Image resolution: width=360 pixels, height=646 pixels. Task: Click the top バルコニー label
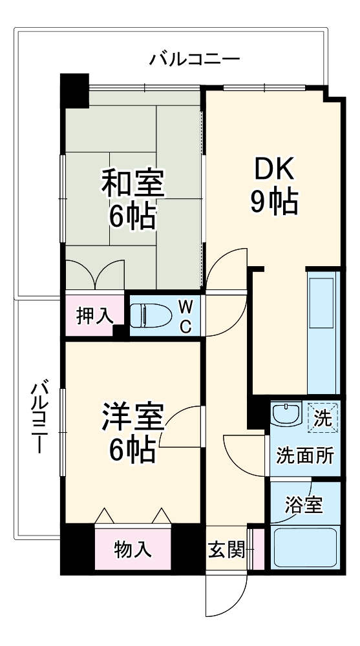tap(195, 60)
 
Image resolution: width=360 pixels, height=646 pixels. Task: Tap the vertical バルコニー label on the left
tap(39, 417)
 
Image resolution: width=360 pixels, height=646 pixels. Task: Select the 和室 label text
tap(132, 184)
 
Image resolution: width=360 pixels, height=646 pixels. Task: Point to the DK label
tap(273, 171)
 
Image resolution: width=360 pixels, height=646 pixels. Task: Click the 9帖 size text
tap(273, 203)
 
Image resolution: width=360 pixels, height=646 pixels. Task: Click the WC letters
tap(185, 316)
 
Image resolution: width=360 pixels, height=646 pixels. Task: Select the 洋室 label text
tap(132, 417)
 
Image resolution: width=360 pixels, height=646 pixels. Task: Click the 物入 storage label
tap(133, 550)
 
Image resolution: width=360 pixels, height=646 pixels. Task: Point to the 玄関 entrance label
tap(226, 550)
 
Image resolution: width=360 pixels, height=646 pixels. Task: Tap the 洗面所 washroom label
tap(305, 456)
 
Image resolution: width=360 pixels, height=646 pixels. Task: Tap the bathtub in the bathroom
tap(304, 547)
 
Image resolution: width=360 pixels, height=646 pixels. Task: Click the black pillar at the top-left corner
tap(75, 90)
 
